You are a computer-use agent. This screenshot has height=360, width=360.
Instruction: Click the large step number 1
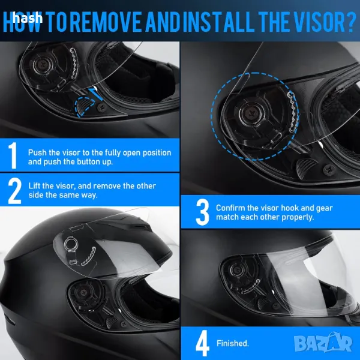tap(13, 155)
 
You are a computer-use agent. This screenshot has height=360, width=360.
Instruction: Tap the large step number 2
tap(14, 191)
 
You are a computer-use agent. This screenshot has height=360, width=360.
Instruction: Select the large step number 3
tap(202, 212)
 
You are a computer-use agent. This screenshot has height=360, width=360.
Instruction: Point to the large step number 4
tap(202, 343)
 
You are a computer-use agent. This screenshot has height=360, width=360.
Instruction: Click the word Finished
tap(233, 343)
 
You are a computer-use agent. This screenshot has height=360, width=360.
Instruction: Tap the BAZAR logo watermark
tap(323, 343)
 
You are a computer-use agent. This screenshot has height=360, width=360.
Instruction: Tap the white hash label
tap(28, 18)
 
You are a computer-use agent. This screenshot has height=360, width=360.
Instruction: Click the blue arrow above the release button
tap(96, 93)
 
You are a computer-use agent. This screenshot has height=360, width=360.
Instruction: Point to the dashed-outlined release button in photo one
tap(83, 106)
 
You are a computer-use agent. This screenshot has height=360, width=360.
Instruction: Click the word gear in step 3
tap(324, 208)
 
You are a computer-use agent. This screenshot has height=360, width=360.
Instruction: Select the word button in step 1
tap(88, 161)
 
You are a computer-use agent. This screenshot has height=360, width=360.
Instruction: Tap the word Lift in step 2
tap(34, 185)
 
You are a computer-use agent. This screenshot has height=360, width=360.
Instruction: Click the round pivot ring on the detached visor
tap(70, 244)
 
